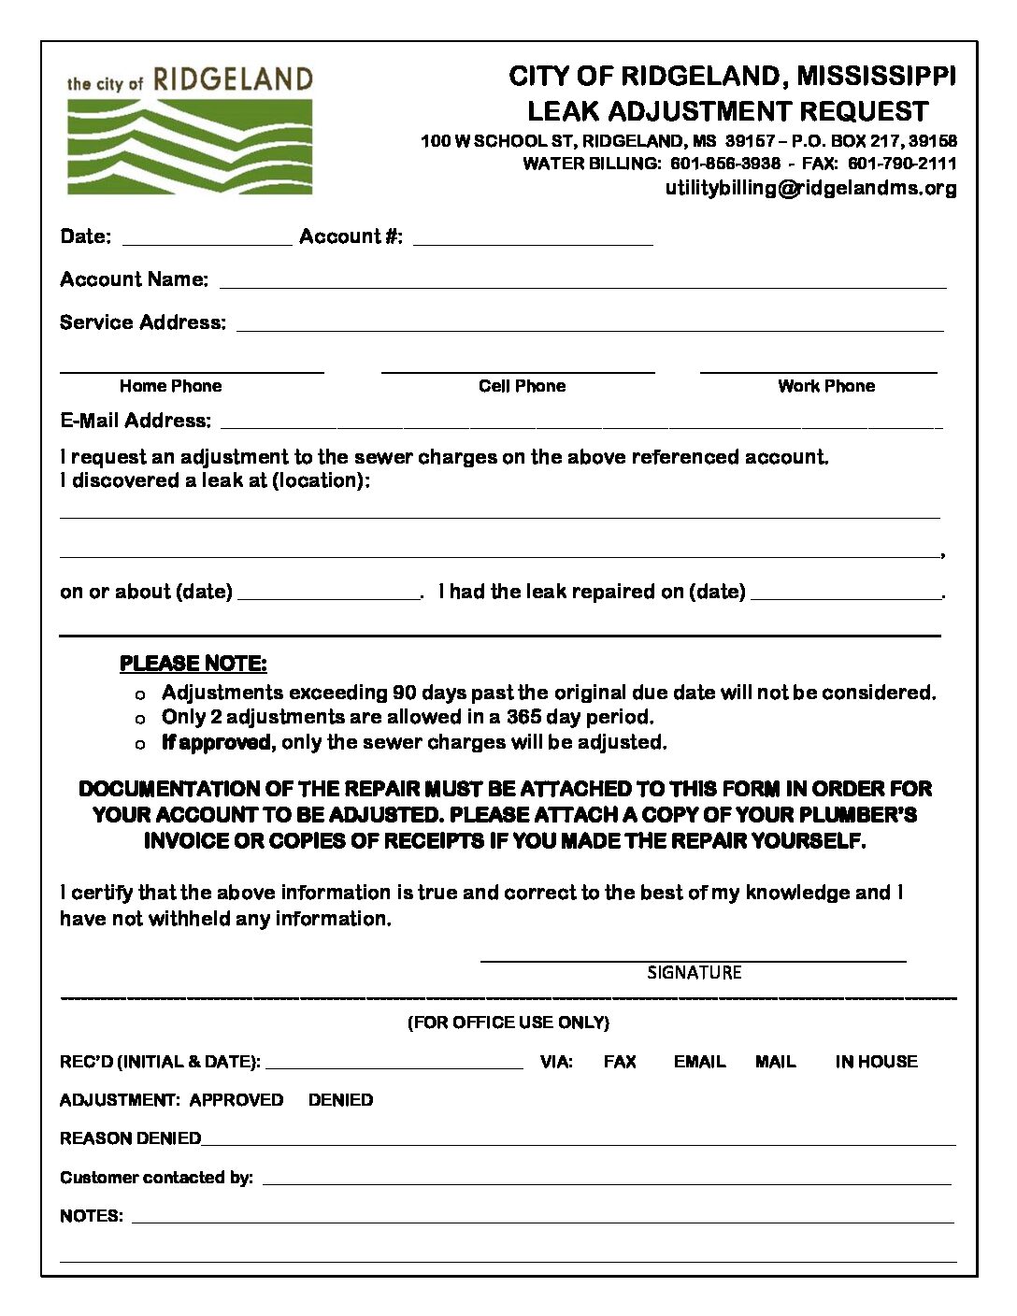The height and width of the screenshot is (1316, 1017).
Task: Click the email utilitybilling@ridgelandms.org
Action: click(x=810, y=188)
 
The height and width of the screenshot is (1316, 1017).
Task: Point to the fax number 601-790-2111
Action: click(x=902, y=164)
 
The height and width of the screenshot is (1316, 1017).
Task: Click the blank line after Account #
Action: click(x=533, y=237)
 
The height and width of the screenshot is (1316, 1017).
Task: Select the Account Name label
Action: click(x=134, y=279)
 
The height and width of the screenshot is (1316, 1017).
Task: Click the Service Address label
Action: click(x=142, y=322)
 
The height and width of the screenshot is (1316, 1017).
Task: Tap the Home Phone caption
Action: click(x=170, y=386)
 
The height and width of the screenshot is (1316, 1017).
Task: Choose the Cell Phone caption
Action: click(x=522, y=386)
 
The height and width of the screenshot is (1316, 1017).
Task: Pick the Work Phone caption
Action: click(x=826, y=386)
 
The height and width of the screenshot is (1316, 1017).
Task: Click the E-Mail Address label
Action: click(x=136, y=421)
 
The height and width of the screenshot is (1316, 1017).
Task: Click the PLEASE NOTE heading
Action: click(x=193, y=664)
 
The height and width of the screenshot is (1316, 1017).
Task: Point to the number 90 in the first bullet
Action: click(x=404, y=693)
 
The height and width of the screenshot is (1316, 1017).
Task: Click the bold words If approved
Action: click(x=216, y=742)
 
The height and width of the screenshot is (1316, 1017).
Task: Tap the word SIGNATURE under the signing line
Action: click(x=694, y=973)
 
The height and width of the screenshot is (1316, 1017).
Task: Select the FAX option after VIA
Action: click(x=620, y=1062)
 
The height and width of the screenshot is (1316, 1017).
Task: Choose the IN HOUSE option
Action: click(x=876, y=1062)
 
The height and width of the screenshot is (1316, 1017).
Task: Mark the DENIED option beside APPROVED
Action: click(x=340, y=1100)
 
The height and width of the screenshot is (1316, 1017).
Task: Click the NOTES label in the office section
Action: click(x=91, y=1216)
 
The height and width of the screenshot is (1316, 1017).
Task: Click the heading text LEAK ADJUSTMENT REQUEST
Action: click(x=727, y=111)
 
